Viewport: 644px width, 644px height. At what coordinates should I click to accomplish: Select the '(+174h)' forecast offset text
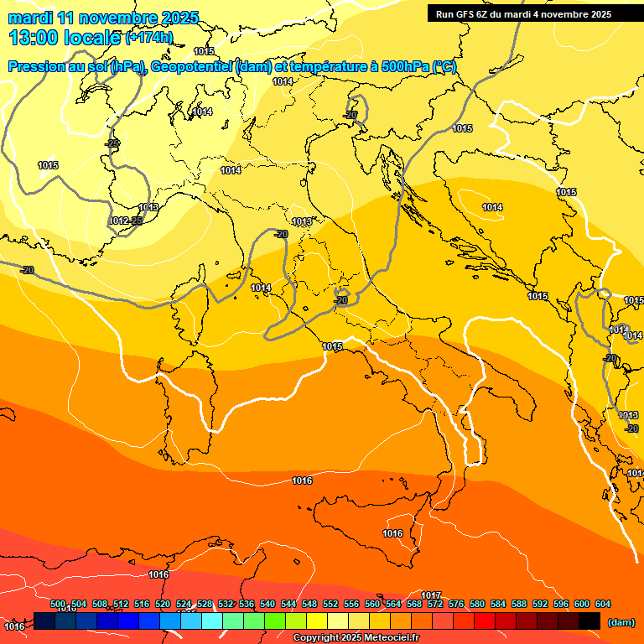coord(148,38)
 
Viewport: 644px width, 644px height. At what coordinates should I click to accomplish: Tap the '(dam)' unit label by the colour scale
coord(620,621)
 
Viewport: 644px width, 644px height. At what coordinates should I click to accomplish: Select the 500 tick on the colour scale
coord(58,605)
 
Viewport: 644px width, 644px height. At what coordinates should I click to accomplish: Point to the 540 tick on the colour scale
coord(267,605)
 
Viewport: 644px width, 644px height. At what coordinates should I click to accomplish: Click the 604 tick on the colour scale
coord(602,605)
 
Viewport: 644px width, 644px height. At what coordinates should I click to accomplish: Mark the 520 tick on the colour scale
coord(163,605)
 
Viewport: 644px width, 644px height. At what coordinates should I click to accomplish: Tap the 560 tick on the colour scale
coord(372,605)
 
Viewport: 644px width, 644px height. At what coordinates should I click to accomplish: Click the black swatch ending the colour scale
coord(589,621)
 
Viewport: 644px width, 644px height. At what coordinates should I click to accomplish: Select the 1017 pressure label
coord(431,595)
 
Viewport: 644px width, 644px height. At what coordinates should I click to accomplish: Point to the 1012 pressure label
coord(118,221)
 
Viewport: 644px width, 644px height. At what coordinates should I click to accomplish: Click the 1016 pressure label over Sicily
coord(392,533)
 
